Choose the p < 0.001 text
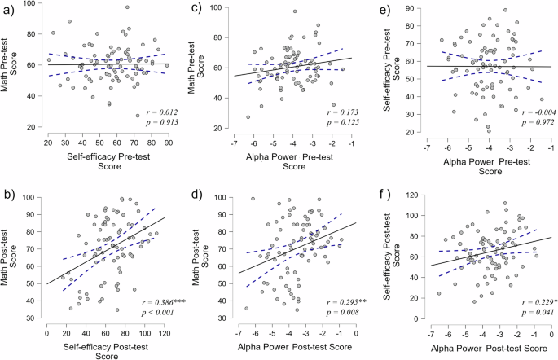(143, 312)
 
